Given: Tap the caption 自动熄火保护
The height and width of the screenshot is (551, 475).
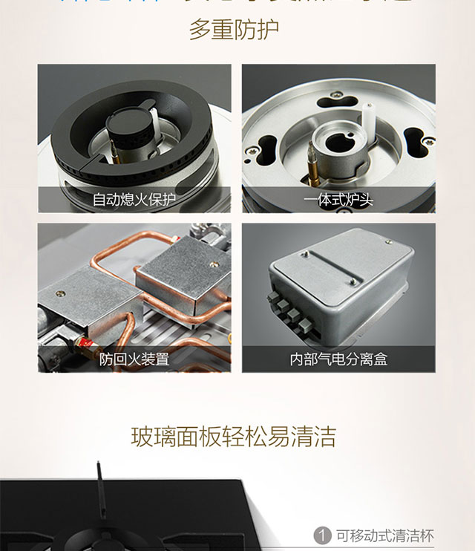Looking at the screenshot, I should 134,200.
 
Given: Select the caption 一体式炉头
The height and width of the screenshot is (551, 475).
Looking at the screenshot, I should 338,200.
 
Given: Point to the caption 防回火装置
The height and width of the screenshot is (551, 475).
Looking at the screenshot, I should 134,360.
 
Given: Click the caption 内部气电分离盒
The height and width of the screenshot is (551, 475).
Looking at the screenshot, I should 338,360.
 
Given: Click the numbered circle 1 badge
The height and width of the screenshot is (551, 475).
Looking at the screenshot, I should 322,536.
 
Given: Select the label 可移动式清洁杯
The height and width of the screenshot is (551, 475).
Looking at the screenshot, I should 384,536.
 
